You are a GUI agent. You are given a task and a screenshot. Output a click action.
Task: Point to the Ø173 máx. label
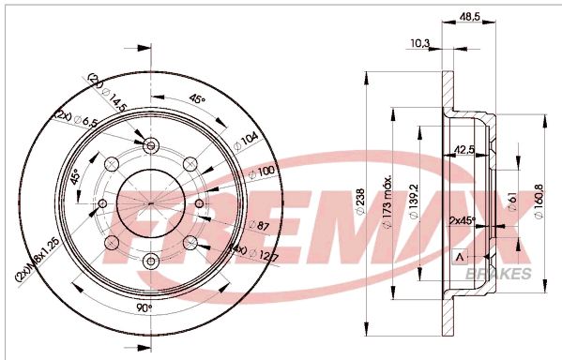coord(387,196)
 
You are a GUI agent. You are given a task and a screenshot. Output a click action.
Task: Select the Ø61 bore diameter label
coord(512,199)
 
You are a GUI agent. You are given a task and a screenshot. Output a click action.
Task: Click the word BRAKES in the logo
coord(498,274)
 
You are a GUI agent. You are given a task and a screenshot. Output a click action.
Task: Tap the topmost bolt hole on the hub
coord(151,144)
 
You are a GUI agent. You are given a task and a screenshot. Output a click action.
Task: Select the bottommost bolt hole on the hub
coord(151,260)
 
